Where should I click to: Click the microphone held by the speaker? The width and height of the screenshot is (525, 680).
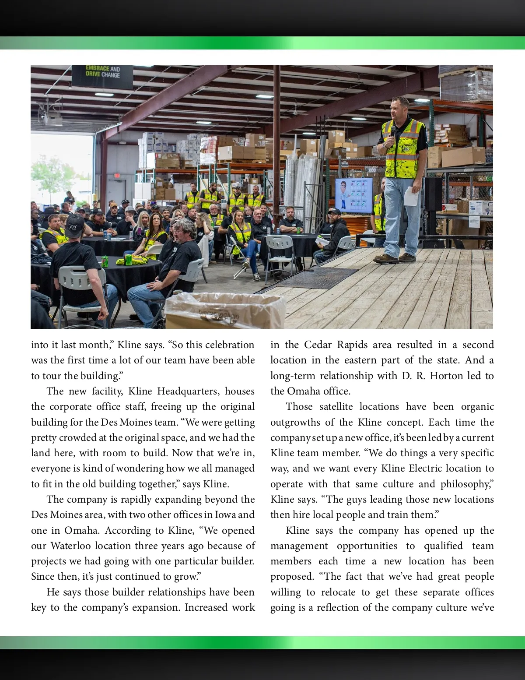point(392,131)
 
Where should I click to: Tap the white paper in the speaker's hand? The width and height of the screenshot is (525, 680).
point(411,196)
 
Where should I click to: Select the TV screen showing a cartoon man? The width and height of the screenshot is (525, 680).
point(354,196)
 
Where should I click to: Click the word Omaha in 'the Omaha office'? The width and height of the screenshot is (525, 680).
point(303,391)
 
